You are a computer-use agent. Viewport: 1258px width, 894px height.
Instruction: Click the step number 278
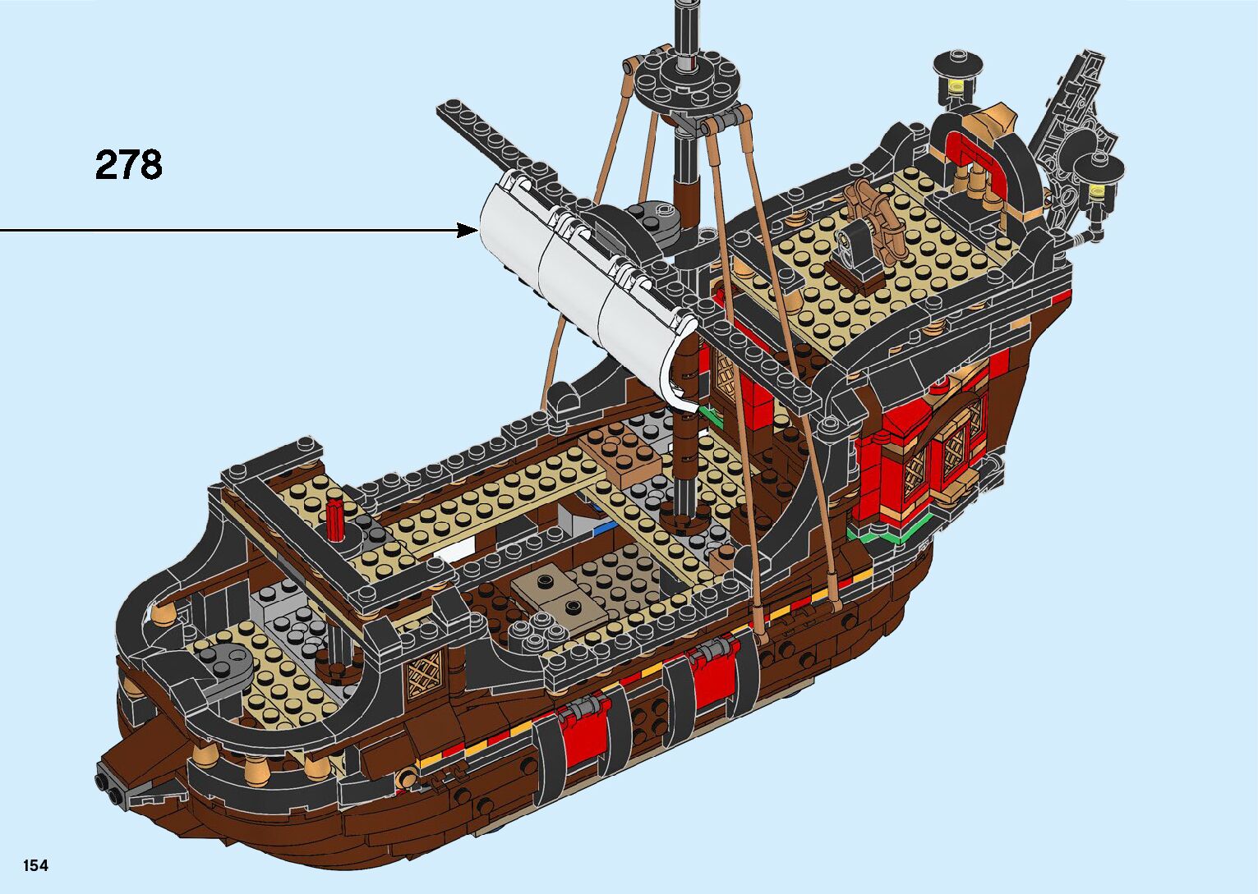tap(129, 165)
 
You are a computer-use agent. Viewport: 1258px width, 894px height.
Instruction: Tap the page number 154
tap(35, 865)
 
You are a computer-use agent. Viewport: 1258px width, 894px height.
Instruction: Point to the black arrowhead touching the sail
tap(471, 231)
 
